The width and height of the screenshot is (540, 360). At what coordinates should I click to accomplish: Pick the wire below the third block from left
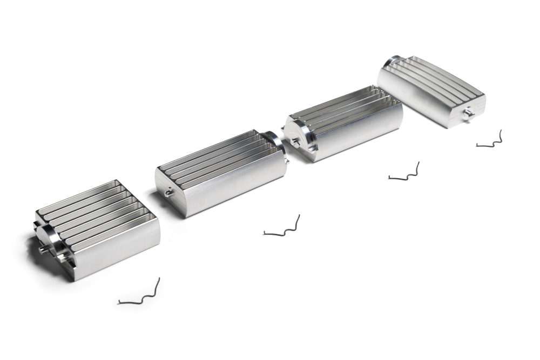[405, 173]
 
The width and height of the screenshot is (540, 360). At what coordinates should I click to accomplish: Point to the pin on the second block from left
[168, 191]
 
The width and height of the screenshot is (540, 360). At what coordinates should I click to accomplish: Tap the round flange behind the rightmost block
[391, 61]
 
